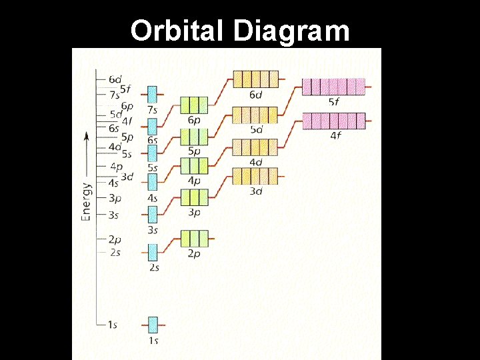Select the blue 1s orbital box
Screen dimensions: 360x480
click(x=153, y=325)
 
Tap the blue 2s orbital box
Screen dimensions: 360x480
click(x=153, y=252)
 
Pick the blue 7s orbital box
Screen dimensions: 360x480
click(x=153, y=93)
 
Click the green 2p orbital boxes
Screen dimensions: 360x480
click(x=194, y=238)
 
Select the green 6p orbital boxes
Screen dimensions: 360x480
click(x=194, y=105)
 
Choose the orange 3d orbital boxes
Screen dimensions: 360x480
click(x=255, y=176)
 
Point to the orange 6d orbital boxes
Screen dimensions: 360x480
click(x=255, y=79)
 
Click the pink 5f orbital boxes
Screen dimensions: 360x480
click(x=334, y=87)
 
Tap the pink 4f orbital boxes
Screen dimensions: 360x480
click(x=334, y=121)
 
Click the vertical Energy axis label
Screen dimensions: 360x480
click(x=87, y=201)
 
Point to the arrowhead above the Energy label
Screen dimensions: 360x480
click(x=86, y=136)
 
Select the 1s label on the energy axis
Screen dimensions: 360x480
click(x=112, y=325)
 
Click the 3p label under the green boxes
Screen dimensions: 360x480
click(x=194, y=213)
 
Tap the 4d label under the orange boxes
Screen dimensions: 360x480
click(x=255, y=162)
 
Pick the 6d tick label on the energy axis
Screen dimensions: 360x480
click(x=115, y=79)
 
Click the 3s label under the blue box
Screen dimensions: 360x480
click(x=153, y=230)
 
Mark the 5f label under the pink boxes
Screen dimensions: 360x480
click(x=334, y=102)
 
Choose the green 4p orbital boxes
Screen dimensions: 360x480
click(x=194, y=165)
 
